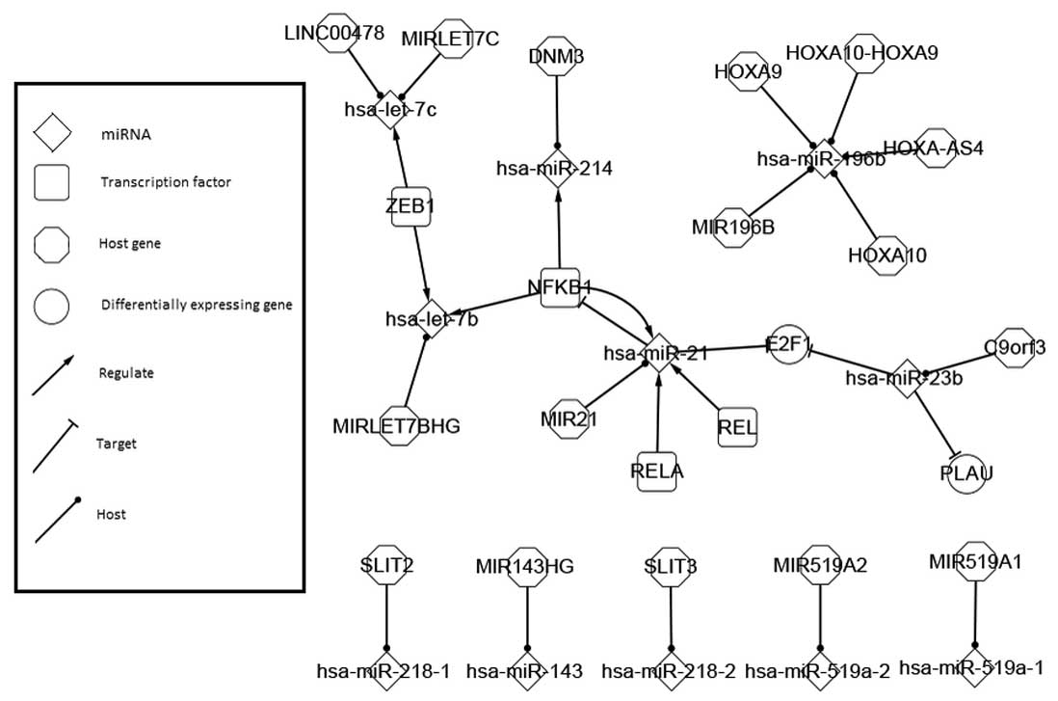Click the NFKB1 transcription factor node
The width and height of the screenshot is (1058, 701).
pos(559,286)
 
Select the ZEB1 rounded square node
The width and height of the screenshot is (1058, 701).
pos(410,206)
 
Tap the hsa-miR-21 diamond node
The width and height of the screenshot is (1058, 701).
pos(656,353)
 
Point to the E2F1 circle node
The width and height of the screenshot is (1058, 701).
pos(786,344)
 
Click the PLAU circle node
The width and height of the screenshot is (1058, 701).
pos(966,472)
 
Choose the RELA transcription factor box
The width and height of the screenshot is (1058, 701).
pos(657,471)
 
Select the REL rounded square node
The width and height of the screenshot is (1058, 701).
pos(737,425)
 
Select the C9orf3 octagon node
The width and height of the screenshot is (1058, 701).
pos(1015,347)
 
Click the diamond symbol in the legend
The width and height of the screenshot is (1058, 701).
pos(52,132)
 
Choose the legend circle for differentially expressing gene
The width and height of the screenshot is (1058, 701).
pos(52,306)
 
